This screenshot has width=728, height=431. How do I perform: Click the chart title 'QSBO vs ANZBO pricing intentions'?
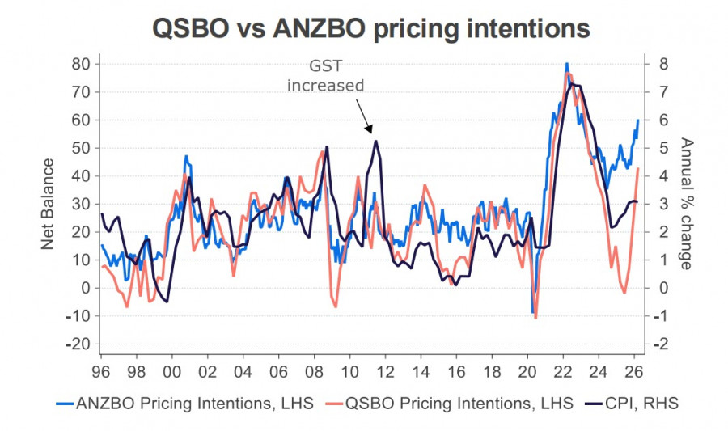371,29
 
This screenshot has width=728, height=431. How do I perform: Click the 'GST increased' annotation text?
326,76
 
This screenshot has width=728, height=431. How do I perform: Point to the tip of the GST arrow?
370,133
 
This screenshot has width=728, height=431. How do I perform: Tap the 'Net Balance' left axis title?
48,204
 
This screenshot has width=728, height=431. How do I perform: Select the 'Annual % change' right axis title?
686,204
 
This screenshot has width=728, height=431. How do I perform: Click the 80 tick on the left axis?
81,64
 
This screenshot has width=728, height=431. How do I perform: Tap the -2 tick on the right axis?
661,344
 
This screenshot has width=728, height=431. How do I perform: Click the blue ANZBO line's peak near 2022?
567,64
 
